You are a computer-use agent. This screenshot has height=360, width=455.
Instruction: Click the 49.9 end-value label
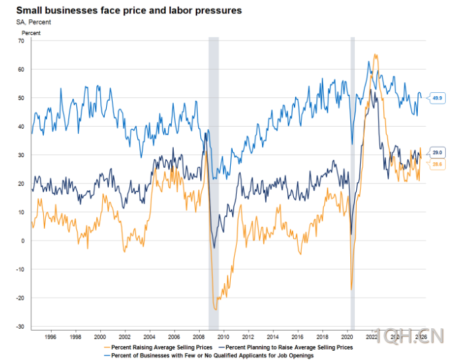pyautogui.click(x=437, y=98)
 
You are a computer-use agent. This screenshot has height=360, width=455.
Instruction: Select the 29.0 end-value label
pyautogui.click(x=437, y=152)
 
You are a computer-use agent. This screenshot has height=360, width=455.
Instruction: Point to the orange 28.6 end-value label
pyautogui.click(x=437, y=163)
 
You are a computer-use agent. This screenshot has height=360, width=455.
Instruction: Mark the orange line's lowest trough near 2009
pyautogui.click(x=216, y=310)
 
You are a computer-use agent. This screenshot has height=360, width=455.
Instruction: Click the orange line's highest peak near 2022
pyautogui.click(x=375, y=55)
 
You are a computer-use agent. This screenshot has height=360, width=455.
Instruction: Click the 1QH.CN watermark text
pyautogui.click(x=407, y=336)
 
